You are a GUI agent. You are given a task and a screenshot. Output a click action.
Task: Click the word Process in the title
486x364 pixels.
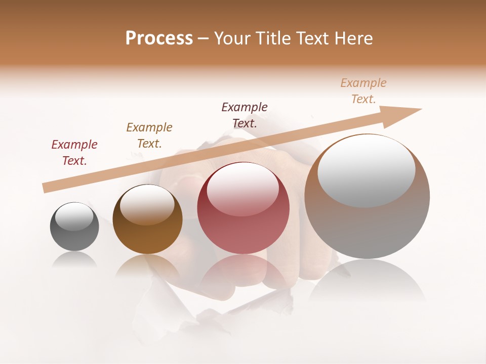[x=159, y=38]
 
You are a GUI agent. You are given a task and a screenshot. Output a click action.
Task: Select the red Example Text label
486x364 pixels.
[x=74, y=153]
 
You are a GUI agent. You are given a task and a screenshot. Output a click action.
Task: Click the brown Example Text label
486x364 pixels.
[x=149, y=135]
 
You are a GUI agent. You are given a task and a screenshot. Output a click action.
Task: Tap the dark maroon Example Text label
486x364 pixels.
[x=245, y=115]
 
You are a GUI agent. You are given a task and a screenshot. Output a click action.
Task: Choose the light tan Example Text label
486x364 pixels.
[x=363, y=91]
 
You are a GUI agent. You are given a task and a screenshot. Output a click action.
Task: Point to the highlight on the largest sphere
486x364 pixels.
[x=367, y=171]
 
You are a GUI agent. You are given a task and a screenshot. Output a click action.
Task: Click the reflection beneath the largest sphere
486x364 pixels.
[x=367, y=283]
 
